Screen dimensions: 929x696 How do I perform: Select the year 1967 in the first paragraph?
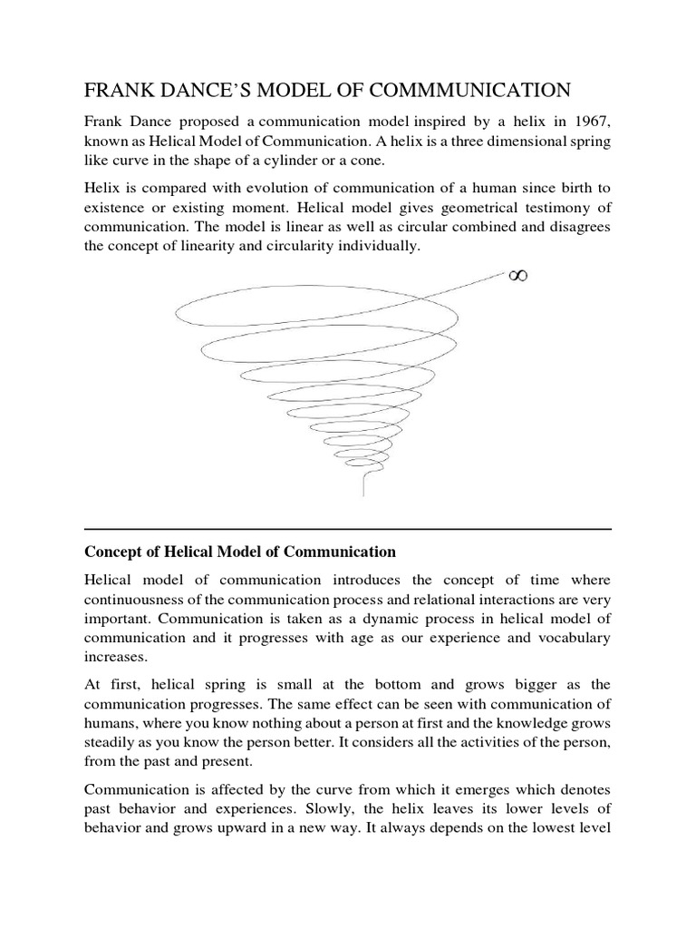591,122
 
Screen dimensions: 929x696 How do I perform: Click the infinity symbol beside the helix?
517,274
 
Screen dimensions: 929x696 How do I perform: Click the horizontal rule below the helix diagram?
347,529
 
